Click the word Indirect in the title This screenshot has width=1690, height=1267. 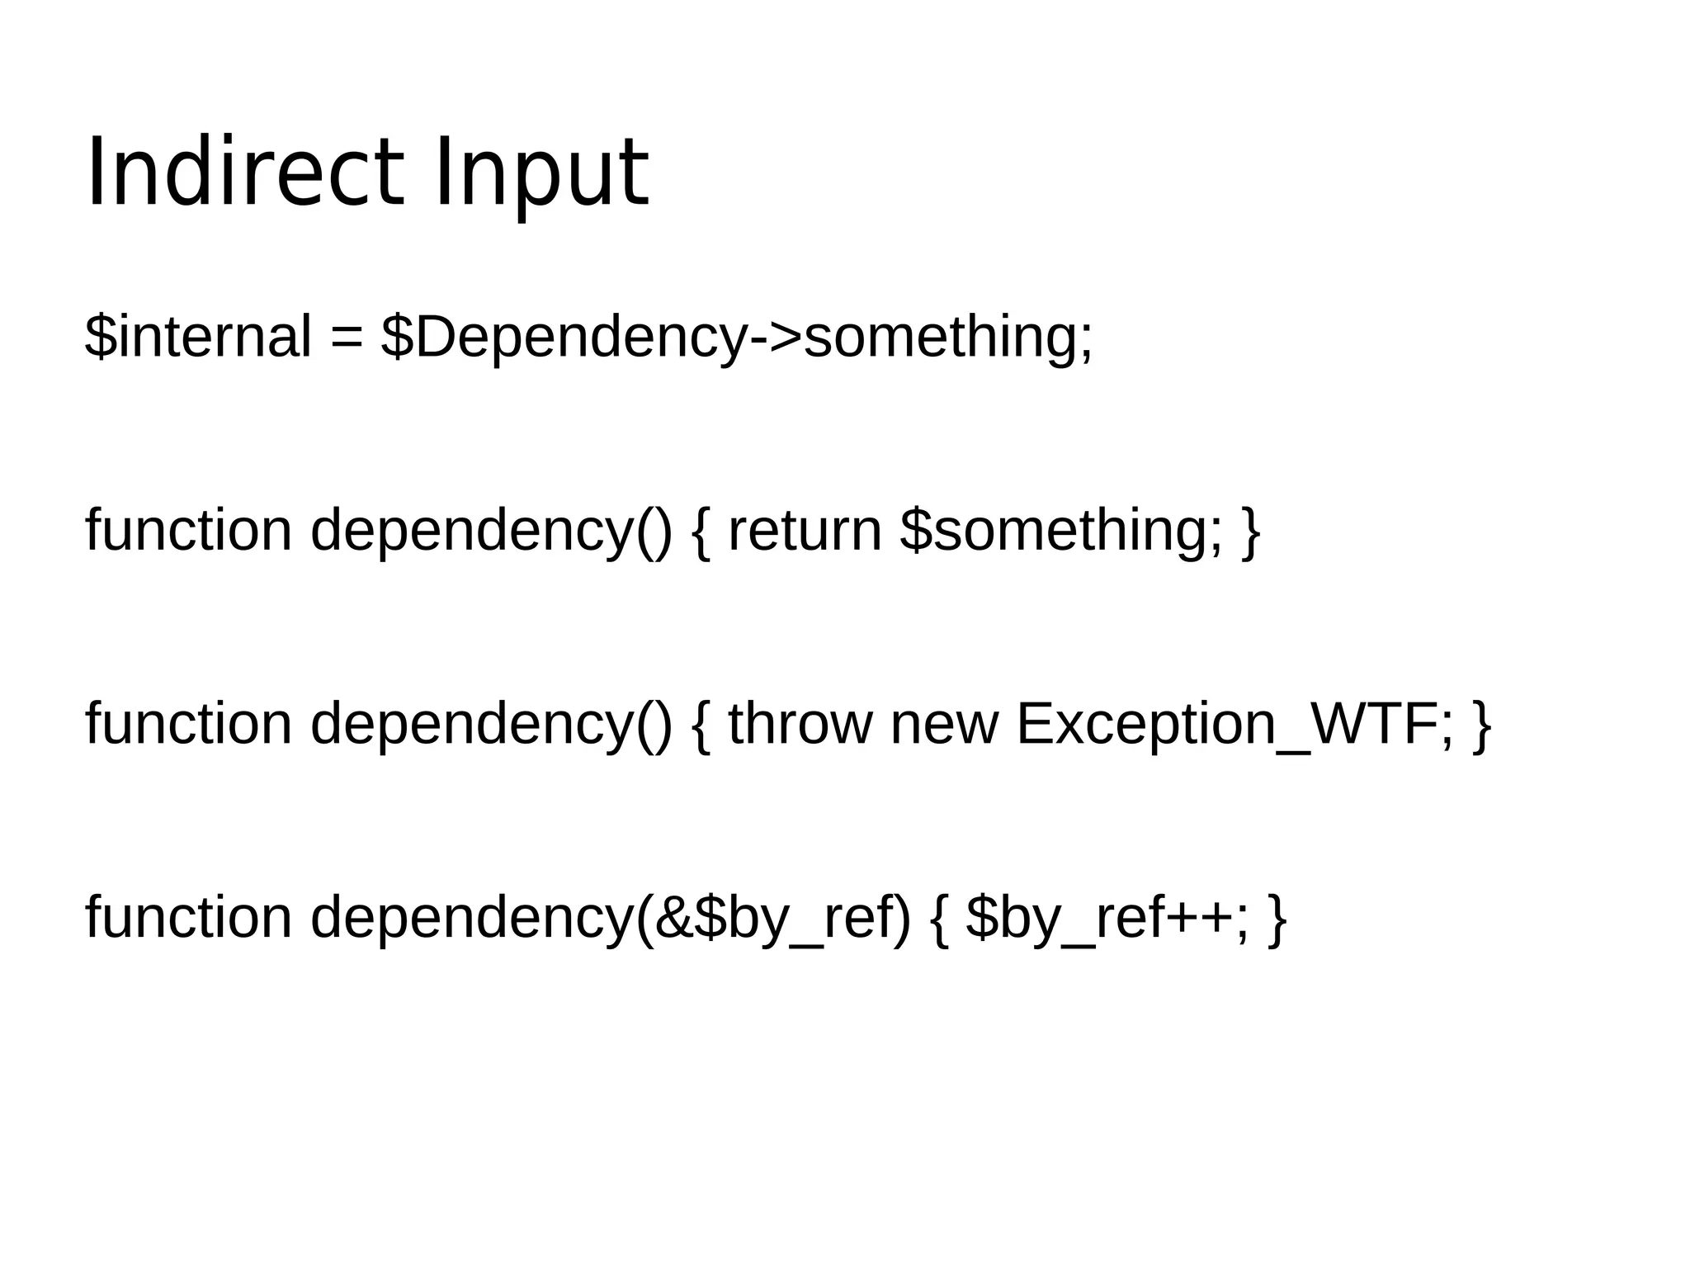245,172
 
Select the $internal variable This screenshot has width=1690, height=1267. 198,336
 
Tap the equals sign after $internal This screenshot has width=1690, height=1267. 347,338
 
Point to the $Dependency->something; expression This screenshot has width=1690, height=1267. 737,338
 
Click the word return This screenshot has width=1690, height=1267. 805,530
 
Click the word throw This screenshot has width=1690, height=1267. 799,724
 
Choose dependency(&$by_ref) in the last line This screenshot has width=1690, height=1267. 611,918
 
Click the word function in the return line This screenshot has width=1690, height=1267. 188,530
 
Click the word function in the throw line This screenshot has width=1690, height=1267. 188,724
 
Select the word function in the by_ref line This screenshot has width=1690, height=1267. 188,918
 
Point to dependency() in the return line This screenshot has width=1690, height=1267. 491,530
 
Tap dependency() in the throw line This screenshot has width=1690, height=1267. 491,724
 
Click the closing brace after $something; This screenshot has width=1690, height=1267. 1251,532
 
